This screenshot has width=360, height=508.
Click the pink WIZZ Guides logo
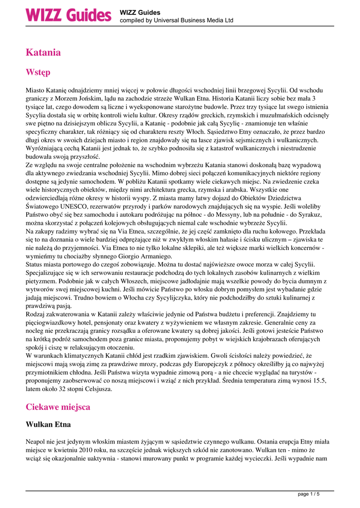(68, 15)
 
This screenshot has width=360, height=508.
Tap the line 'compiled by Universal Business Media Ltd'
(176, 20)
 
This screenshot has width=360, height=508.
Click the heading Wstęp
(38, 72)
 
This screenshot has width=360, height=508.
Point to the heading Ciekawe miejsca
(58, 407)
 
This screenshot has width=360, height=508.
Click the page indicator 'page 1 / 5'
(308, 494)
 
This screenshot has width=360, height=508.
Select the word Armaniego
(153, 256)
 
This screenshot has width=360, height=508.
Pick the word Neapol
(36, 441)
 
